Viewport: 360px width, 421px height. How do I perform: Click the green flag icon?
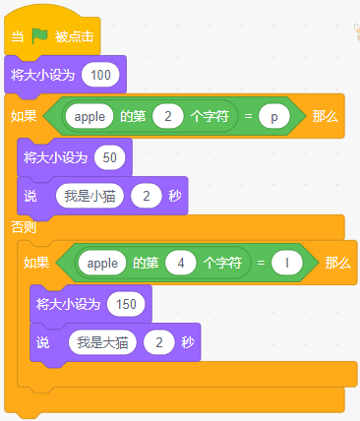click(39, 36)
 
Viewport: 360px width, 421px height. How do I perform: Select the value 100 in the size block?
click(100, 75)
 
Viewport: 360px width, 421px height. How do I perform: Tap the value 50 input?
click(110, 157)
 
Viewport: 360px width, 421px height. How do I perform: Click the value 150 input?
click(126, 304)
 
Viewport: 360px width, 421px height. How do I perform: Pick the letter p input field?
click(274, 116)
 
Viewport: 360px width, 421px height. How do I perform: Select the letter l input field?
click(287, 263)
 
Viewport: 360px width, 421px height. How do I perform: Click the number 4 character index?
click(181, 263)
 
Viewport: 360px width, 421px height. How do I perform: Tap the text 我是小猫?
click(90, 196)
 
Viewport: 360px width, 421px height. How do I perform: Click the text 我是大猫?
click(102, 342)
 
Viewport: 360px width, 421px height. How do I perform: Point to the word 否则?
click(24, 227)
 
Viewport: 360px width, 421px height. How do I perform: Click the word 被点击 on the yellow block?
click(75, 36)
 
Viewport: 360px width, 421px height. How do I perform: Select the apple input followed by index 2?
click(90, 116)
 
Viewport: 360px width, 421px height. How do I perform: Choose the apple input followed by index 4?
click(102, 263)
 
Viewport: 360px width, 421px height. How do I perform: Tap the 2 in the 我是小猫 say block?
click(147, 196)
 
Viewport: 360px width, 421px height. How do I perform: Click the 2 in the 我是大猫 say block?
click(159, 342)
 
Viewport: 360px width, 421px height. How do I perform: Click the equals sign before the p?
click(248, 116)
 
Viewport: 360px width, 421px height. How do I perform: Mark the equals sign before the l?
click(261, 263)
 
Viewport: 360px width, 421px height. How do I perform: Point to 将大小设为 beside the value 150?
click(68, 304)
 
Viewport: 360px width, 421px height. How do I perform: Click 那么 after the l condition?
click(338, 263)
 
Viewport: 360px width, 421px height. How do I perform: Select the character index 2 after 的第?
click(168, 116)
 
